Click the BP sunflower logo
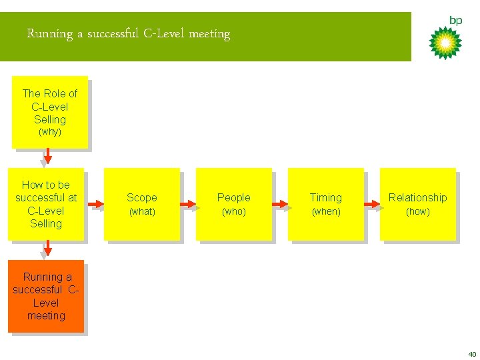tap(445, 43)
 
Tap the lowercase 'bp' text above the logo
tap(455, 21)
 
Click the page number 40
tap(472, 354)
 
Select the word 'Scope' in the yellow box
tap(142, 197)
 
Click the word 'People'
tap(234, 197)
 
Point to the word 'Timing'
tap(326, 197)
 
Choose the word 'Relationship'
tap(418, 197)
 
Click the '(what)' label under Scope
tap(142, 211)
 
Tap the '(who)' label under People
tap(234, 211)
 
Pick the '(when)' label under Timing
tap(326, 211)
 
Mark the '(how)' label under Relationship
tap(418, 211)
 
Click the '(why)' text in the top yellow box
tap(50, 132)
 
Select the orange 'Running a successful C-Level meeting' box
tap(46, 296)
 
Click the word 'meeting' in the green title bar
tap(209, 33)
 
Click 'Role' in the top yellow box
tap(56, 94)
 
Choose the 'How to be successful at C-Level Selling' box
tap(46, 204)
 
